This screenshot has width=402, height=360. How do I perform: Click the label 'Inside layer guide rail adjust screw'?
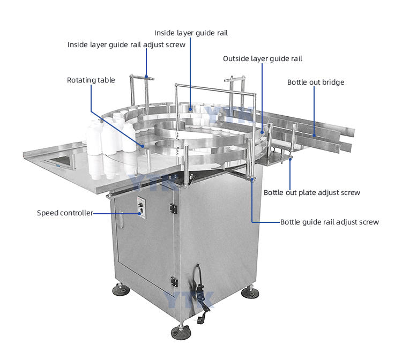[x=126, y=45]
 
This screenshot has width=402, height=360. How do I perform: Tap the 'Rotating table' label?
[x=91, y=80]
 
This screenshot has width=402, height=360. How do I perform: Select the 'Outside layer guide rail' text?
[x=263, y=59]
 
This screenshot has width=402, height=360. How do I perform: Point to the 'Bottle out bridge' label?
[x=316, y=82]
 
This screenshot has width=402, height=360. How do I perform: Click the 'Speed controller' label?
[x=65, y=213]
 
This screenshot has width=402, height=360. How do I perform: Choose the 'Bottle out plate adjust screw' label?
[x=312, y=193]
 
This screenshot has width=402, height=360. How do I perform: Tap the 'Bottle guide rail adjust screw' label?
[x=330, y=222]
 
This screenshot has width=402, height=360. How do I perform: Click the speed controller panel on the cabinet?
[x=141, y=207]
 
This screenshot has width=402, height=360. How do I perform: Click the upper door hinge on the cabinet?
[x=174, y=208]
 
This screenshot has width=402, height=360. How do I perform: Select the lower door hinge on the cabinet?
[x=174, y=282]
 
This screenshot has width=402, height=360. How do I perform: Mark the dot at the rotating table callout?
[x=143, y=146]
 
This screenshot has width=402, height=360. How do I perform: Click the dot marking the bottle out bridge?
[x=314, y=136]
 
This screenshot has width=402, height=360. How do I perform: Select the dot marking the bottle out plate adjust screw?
[x=290, y=159]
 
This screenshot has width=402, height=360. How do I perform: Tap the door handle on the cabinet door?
[x=121, y=219]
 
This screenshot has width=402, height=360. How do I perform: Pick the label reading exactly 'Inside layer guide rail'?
[x=191, y=33]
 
